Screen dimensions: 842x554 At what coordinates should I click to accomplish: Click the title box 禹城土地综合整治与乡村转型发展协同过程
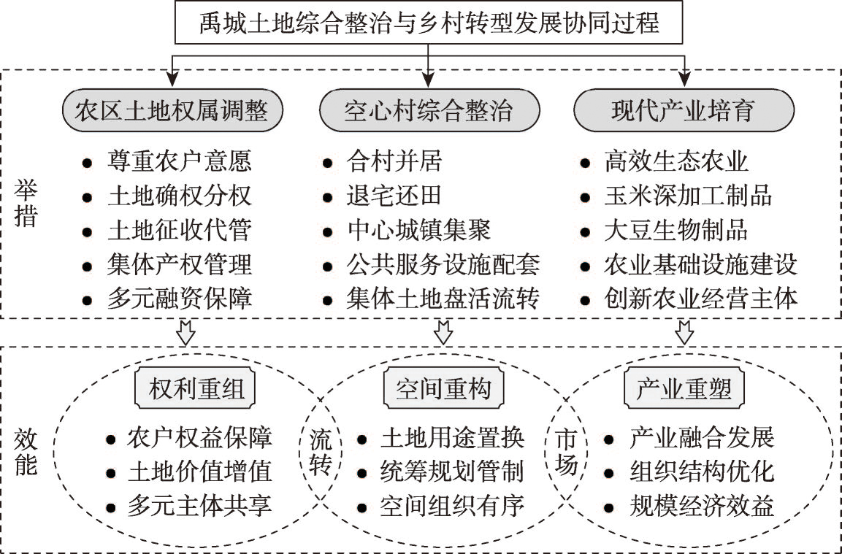[429, 23]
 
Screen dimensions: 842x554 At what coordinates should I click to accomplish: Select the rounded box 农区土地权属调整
[172, 111]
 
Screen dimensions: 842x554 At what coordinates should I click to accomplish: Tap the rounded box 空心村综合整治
[429, 111]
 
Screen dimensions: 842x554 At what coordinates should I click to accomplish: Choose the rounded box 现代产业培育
[684, 111]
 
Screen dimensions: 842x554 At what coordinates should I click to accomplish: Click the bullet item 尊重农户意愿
[167, 161]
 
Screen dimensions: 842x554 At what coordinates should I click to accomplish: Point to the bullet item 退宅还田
[382, 196]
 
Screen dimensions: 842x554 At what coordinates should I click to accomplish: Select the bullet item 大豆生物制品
[664, 231]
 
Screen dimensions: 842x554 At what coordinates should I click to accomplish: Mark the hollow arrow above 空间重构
[443, 333]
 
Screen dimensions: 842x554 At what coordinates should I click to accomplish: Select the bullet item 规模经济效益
[689, 507]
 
